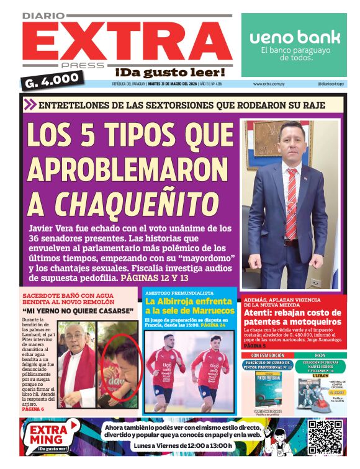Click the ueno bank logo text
[295, 37]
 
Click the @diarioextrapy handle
[331, 84]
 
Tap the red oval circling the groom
[120, 366]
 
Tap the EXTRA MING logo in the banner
[54, 436]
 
